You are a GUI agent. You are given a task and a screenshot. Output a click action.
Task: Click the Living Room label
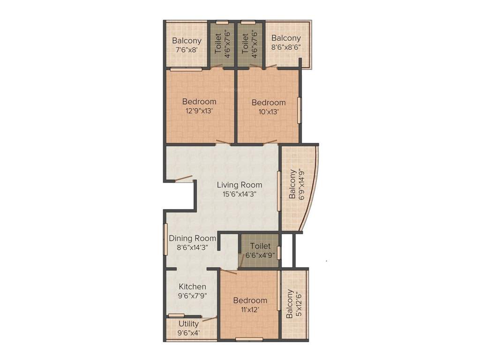[239, 185]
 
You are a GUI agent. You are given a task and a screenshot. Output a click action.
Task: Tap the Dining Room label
[192, 238]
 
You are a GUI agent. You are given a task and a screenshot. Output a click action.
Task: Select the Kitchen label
[192, 286]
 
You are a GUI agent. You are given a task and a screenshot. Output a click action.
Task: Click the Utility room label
[188, 323]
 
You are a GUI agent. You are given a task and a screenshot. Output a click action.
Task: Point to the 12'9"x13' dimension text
[199, 111]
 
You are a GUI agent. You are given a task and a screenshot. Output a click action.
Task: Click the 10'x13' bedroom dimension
[268, 112]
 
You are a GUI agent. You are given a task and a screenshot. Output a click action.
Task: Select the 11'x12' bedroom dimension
[250, 310]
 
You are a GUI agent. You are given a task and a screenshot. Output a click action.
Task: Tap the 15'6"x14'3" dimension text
[239, 194]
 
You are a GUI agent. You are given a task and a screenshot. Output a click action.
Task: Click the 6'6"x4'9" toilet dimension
[260, 255]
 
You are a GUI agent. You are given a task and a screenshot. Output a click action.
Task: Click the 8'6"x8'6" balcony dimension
[286, 47]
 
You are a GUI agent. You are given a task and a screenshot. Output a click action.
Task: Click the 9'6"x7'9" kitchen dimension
[192, 296]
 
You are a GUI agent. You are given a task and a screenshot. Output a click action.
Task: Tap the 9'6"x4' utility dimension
[188, 333]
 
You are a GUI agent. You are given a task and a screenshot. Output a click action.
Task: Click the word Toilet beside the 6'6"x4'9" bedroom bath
[260, 246]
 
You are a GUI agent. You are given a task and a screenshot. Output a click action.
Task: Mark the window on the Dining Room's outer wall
[165, 239]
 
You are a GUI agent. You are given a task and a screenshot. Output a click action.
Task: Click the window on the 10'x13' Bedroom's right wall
[299, 110]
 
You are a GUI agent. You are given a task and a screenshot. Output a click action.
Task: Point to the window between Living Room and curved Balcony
[278, 187]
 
